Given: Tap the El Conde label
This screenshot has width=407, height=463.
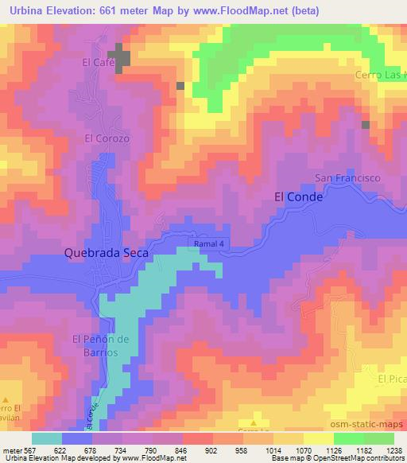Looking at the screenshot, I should [x=298, y=197].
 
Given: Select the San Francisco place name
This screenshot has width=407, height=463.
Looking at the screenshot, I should [x=348, y=178].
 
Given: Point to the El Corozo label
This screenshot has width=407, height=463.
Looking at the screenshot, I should [x=106, y=137].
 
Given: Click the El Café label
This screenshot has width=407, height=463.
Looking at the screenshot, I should [x=96, y=60].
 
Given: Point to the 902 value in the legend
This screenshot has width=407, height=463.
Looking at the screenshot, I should [x=214, y=449].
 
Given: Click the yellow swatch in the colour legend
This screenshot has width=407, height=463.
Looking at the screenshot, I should [x=318, y=438].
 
